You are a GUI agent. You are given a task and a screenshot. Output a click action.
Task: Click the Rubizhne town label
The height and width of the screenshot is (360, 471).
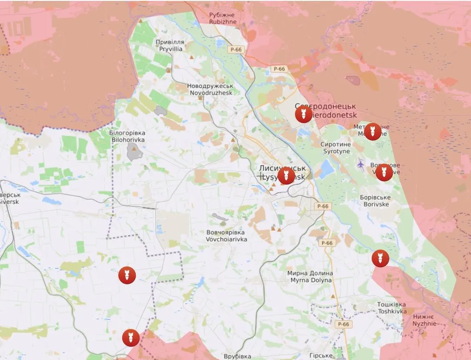coord(223,18)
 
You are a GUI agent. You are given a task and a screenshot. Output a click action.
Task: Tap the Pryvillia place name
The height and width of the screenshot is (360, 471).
coord(170,46)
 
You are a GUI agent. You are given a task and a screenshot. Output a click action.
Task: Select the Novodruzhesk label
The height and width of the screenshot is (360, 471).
coord(210,89)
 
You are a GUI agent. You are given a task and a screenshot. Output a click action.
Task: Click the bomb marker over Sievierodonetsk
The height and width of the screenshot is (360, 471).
coord(304,114)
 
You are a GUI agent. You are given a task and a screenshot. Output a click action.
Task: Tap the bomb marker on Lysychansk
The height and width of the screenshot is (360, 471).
coord(286,175)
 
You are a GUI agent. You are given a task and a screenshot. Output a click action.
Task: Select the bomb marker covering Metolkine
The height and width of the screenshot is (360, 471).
coord(373,131)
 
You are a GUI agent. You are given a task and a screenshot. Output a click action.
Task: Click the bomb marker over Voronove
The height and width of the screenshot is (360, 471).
coord(384,172)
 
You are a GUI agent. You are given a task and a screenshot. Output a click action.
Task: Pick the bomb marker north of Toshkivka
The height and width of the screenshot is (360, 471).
coord(380,259)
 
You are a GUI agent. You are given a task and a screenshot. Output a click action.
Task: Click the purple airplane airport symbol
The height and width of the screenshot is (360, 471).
coord(361,164)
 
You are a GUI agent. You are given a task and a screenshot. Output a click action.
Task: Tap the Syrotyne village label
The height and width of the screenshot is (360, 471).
coord(336,148)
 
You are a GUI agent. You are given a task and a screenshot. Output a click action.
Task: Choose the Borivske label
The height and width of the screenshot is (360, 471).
coord(375,201)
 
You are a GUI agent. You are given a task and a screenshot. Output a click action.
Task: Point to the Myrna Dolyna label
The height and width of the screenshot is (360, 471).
coord(310,277)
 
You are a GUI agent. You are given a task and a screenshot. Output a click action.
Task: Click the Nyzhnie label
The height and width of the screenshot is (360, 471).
coord(423,320)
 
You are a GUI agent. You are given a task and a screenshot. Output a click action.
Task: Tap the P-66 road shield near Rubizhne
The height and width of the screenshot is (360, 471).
coord(236,50)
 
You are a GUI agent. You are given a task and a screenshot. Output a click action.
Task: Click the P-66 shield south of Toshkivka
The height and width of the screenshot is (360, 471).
coord(343,324)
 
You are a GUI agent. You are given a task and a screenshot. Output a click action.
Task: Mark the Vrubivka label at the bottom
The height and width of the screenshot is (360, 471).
coord(237,356)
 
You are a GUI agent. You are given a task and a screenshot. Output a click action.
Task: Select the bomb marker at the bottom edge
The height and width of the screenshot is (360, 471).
coord(130,338)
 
